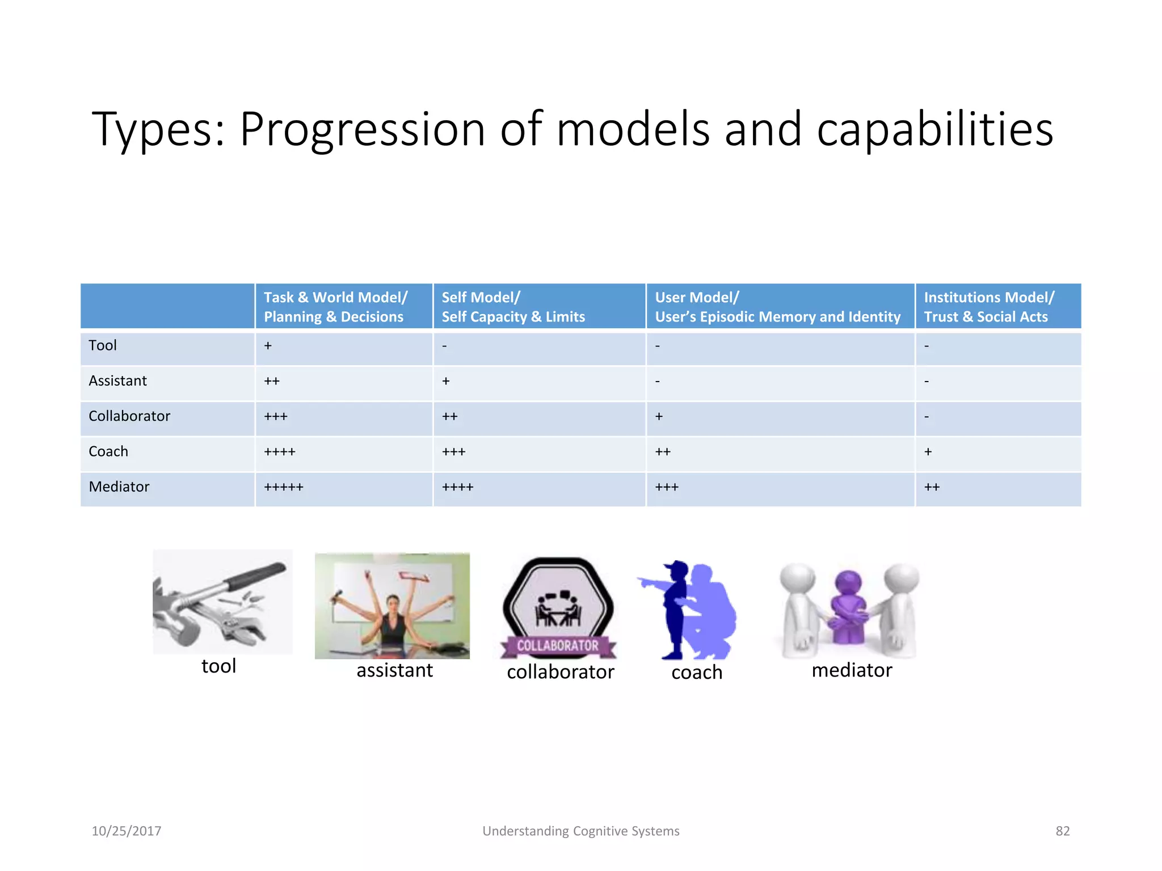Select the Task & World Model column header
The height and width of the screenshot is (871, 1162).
pos(335,307)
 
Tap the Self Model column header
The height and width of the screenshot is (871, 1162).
pos(513,307)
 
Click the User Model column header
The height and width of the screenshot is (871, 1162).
pos(777,307)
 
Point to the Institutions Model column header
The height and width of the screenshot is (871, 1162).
pos(988,307)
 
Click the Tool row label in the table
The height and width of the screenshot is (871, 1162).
pos(103,345)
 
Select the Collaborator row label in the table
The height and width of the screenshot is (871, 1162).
pos(129,416)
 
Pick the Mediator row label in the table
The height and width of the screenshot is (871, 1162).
pos(119,487)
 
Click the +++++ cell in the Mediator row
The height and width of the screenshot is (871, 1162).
pos(284,487)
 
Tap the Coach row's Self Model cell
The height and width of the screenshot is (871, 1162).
pos(454,452)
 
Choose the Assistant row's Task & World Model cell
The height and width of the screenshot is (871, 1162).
pos(272,381)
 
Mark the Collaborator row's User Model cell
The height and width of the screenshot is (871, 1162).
pos(659,416)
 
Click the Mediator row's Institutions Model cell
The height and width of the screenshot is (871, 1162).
pos(932,487)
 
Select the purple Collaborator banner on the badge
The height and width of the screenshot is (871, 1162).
pos(558,646)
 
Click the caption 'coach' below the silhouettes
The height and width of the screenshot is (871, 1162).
pos(697,673)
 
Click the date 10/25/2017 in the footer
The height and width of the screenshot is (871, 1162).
pos(127,831)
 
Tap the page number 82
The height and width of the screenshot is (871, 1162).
pos(1062,831)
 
